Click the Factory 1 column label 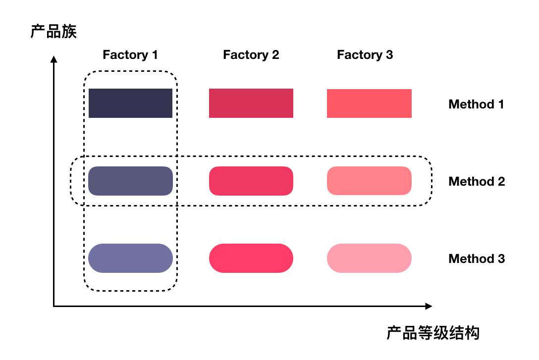[x=130, y=55]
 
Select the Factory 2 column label [x=251, y=55]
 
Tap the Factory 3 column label [x=365, y=55]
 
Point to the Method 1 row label [x=476, y=104]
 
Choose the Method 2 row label [x=477, y=181]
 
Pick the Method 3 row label [x=477, y=258]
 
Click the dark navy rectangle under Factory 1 [x=131, y=103]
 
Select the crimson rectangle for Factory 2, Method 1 [x=251, y=103]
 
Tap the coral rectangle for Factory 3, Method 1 [x=369, y=103]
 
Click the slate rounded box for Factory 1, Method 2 [x=131, y=181]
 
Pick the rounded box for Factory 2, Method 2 [x=251, y=181]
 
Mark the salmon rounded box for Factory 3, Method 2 [x=369, y=181]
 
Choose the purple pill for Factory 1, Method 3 [x=131, y=258]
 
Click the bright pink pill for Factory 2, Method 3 [x=251, y=258]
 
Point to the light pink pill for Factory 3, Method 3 [x=369, y=258]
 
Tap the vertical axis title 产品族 [x=54, y=31]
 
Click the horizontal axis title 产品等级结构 [x=433, y=333]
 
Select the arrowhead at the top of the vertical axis [x=54, y=59]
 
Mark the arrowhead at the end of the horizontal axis [x=429, y=306]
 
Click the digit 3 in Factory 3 [x=389, y=54]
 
